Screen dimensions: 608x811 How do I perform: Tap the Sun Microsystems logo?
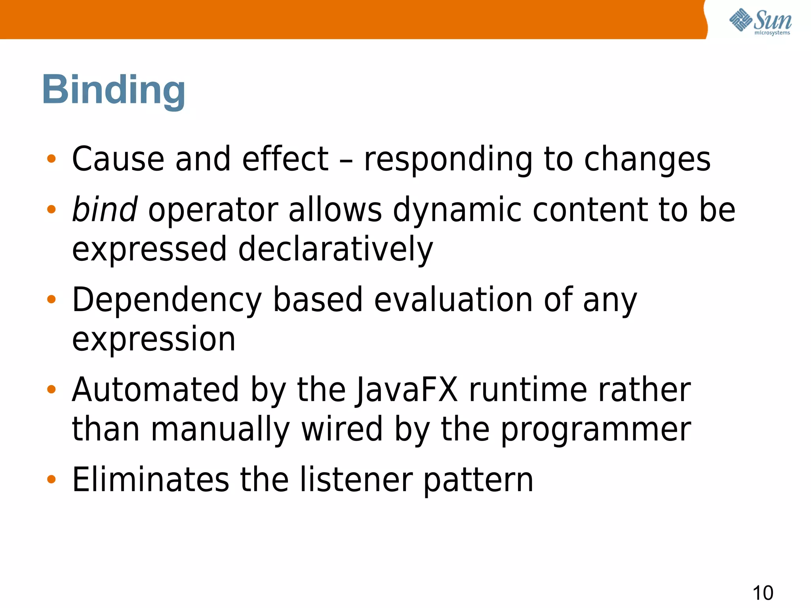[x=760, y=21]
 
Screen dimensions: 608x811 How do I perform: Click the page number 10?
[x=762, y=593]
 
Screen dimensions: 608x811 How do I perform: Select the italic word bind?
[x=105, y=209]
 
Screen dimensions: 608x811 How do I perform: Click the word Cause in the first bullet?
[x=118, y=159]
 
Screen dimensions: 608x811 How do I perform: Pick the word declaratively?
[x=335, y=249]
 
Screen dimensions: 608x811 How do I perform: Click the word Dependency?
[x=167, y=300]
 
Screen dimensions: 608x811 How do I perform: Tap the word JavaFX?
[x=407, y=390]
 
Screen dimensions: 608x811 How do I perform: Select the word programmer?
[x=596, y=430]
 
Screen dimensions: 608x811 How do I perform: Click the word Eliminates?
[x=150, y=480]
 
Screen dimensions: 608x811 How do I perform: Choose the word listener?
[x=356, y=480]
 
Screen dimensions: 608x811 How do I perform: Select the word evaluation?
[x=453, y=300]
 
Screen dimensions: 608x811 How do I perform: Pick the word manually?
[x=221, y=430]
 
